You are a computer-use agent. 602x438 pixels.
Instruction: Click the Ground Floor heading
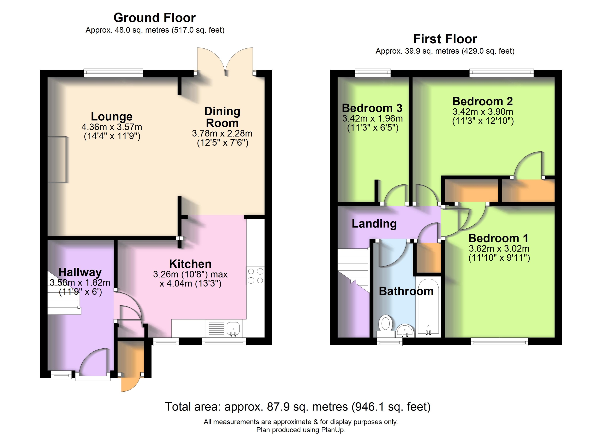[x=154, y=18]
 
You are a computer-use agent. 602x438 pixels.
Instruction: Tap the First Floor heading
[x=445, y=39]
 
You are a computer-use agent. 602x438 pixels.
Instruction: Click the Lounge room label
[x=112, y=116]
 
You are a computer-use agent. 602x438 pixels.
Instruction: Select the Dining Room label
[x=222, y=117]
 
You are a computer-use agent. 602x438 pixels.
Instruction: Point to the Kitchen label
[x=190, y=264]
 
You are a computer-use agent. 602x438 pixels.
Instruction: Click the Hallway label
[x=80, y=272]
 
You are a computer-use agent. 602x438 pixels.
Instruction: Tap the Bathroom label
[x=406, y=291]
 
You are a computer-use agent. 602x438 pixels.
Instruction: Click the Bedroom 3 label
[x=372, y=108]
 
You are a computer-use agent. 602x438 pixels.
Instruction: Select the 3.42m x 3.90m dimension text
[x=483, y=112]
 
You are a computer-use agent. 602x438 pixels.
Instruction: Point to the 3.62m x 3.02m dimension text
[x=499, y=249]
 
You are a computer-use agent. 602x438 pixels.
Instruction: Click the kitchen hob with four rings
[x=255, y=276]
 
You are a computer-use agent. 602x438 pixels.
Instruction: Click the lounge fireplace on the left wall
[x=57, y=159]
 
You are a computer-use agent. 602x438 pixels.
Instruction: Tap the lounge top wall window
[x=113, y=73]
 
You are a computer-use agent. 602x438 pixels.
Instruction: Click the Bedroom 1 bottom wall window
[x=499, y=342]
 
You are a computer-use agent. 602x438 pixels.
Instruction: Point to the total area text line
[x=298, y=407]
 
